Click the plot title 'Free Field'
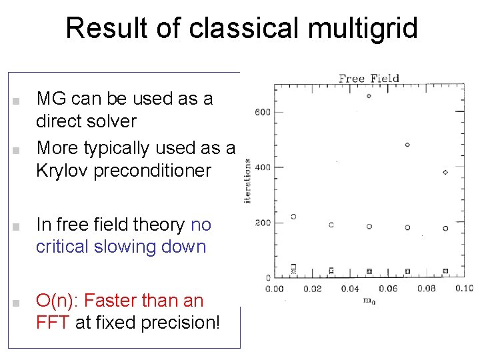pyautogui.click(x=369, y=78)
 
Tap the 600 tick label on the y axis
pyautogui.click(x=262, y=111)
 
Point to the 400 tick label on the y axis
pyautogui.click(x=262, y=167)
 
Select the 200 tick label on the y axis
pyautogui.click(x=262, y=222)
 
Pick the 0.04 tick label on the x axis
pyautogui.click(x=350, y=289)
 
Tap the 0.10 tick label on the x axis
pyautogui.click(x=463, y=289)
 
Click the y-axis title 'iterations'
pyautogui.click(x=247, y=181)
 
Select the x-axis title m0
pyautogui.click(x=369, y=301)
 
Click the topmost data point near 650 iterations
pyautogui.click(x=369, y=96)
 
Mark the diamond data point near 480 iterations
pyautogui.click(x=407, y=145)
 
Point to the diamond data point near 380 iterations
pyautogui.click(x=445, y=172)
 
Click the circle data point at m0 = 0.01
pyautogui.click(x=293, y=217)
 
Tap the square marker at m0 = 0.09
pyautogui.click(x=445, y=271)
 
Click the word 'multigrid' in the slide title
pyautogui.click(x=360, y=29)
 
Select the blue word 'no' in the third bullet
pyautogui.click(x=201, y=225)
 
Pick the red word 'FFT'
pyautogui.click(x=53, y=322)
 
